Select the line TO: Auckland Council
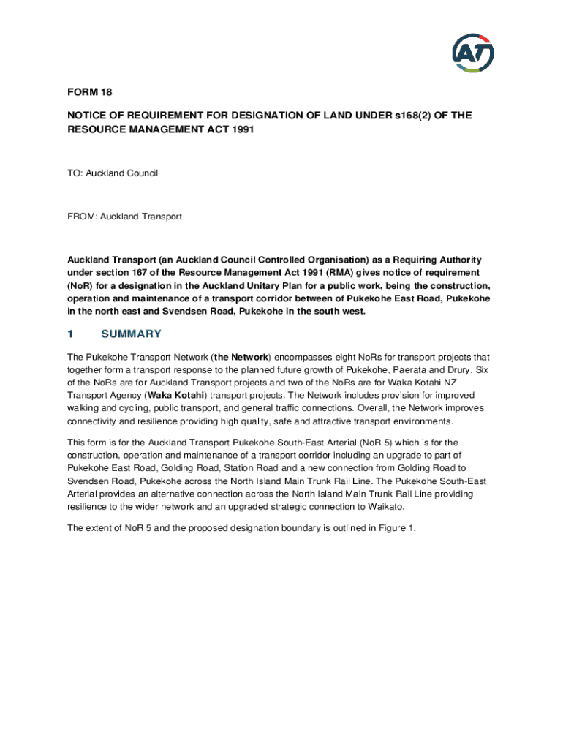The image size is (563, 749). (x=113, y=173)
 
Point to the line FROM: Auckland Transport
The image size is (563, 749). (x=124, y=217)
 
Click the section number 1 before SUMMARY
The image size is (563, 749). (x=70, y=334)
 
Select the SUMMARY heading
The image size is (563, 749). (x=131, y=334)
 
